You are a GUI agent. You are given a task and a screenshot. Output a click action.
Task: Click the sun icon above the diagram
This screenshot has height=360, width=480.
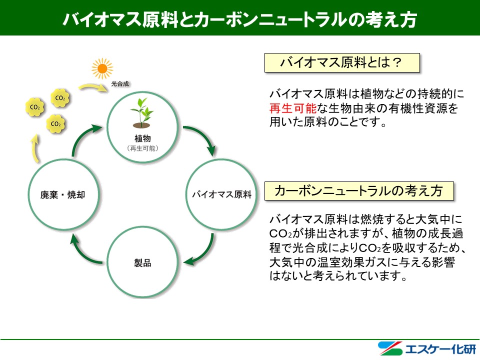coord(102,68)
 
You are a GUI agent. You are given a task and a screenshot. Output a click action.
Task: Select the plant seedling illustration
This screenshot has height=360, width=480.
coord(142,112)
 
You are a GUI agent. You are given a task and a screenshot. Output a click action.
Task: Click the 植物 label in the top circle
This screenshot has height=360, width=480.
coord(142,138)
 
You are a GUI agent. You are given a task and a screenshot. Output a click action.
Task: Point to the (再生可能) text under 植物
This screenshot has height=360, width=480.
coord(142,149)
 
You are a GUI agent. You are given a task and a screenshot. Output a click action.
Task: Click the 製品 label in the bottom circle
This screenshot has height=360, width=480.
coord(142,262)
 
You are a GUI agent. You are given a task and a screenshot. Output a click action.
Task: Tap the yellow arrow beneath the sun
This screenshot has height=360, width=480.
coord(95,86)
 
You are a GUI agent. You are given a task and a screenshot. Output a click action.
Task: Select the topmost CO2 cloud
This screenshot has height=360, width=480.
coord(60,98)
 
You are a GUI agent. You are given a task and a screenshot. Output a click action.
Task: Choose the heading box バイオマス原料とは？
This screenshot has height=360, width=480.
coord(341,63)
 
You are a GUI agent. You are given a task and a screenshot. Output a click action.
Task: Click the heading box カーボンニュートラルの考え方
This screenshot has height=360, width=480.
coord(358,191)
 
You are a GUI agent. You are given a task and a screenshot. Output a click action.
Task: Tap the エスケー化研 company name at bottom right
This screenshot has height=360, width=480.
coord(432,348)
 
